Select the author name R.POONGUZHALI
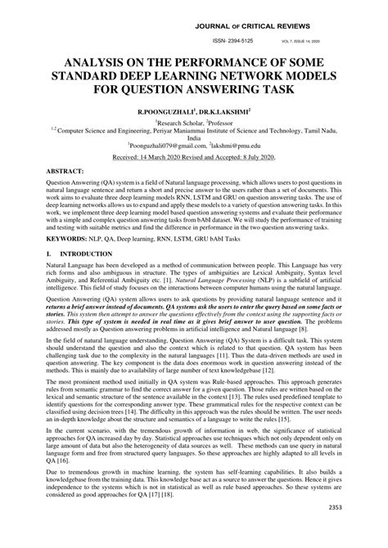(166, 108)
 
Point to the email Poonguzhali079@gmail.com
(169, 144)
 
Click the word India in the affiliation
(194, 136)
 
